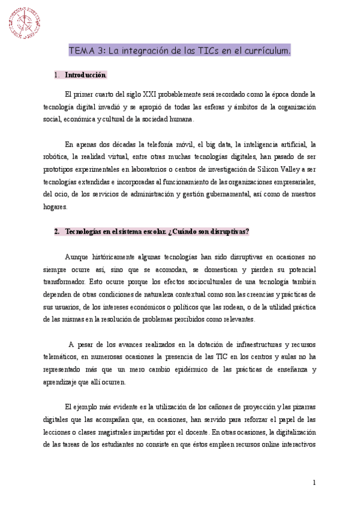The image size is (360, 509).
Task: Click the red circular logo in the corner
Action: [x=24, y=22]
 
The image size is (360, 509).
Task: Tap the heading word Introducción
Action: [x=86, y=76]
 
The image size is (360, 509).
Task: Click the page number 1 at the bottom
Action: [x=314, y=483]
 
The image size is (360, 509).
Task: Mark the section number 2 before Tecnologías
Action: [x=56, y=232]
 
